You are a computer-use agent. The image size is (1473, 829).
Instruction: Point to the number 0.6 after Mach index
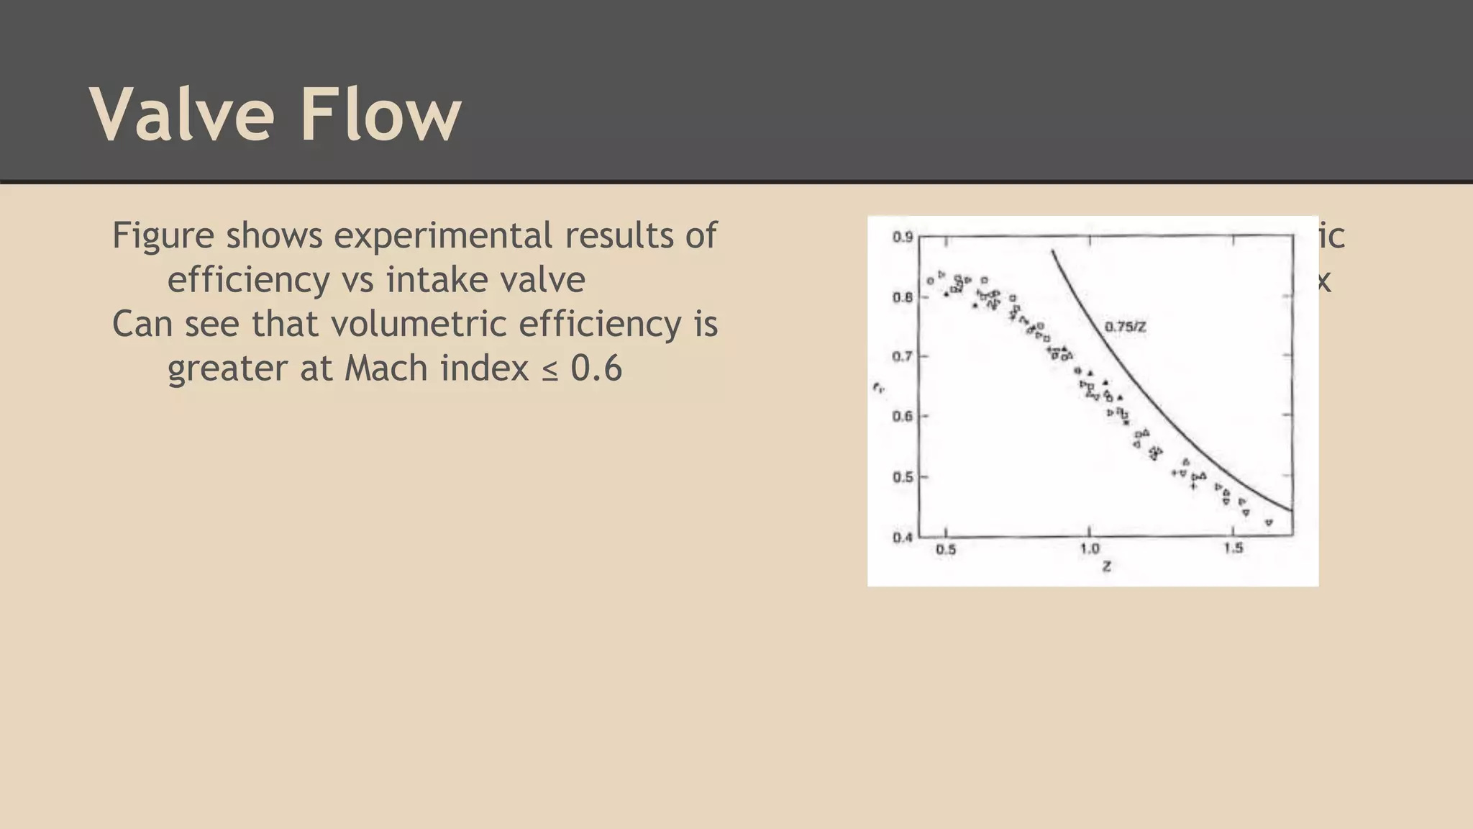click(x=596, y=368)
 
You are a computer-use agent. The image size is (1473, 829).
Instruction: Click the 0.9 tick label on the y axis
click(x=903, y=237)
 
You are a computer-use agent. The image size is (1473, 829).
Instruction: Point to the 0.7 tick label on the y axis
click(x=903, y=356)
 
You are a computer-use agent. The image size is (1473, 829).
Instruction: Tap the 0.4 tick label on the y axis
click(x=903, y=537)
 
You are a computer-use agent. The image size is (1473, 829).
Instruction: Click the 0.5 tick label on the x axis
click(x=946, y=550)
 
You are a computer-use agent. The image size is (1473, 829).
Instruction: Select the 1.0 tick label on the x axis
click(x=1090, y=549)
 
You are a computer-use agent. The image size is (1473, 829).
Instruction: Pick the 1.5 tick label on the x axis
click(x=1233, y=548)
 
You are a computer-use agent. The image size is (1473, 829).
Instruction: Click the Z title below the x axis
click(x=1107, y=567)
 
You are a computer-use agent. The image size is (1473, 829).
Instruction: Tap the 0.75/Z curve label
click(x=1125, y=327)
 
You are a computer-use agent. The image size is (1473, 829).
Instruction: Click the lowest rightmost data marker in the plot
click(x=1269, y=522)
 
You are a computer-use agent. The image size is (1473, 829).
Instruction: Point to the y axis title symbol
click(x=878, y=389)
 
